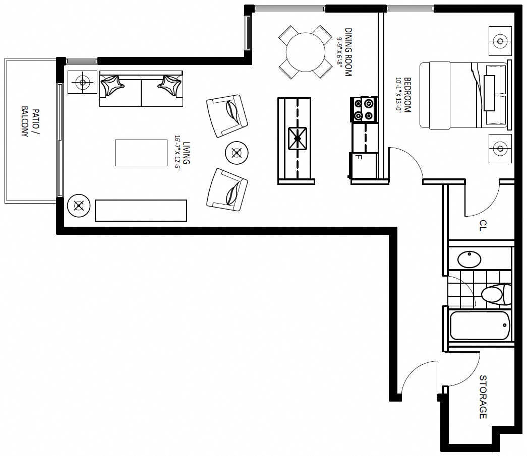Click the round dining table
pos(306,52)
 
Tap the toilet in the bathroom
pos(496,294)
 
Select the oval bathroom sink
pos(470,259)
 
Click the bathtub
pos(481,325)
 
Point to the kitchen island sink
pos(298,139)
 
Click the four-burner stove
pos(364,109)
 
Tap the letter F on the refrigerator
pos(359,157)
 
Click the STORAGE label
pos(483,397)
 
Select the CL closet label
pos(483,225)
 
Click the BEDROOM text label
pos(407,95)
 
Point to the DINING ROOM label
pos(348,52)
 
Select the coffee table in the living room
pos(141,153)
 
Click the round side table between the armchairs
pos(237,153)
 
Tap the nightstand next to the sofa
pos(83,82)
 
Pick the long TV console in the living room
pos(141,211)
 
